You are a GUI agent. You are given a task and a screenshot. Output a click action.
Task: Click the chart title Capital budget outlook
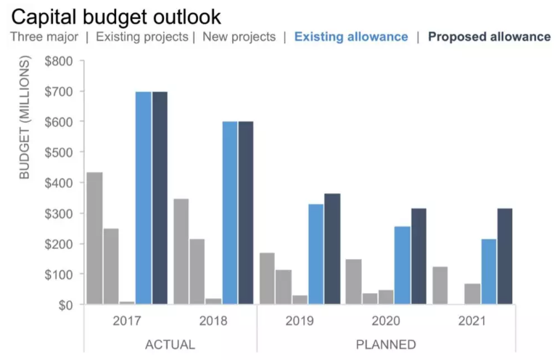point(115,17)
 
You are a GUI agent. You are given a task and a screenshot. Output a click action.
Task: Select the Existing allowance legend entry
point(351,37)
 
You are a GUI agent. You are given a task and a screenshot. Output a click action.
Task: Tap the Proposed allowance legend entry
point(490,37)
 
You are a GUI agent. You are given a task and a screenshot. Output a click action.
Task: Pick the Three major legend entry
point(44,37)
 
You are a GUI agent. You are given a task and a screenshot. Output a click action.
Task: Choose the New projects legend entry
point(239,37)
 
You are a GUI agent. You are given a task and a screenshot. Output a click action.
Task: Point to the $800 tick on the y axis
point(59,61)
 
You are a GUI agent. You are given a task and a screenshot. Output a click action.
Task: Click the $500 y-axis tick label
point(59,152)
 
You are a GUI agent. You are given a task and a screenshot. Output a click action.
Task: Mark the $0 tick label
point(64,305)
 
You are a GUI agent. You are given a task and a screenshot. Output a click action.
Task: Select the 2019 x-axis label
point(300,321)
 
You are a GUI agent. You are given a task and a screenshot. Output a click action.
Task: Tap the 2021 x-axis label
point(472,321)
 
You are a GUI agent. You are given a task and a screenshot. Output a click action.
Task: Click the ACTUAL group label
point(170,344)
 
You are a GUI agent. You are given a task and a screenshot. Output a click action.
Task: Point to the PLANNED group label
point(386,344)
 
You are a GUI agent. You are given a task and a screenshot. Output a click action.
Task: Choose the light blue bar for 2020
point(403,265)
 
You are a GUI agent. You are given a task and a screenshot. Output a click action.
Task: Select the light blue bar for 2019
point(316,254)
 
